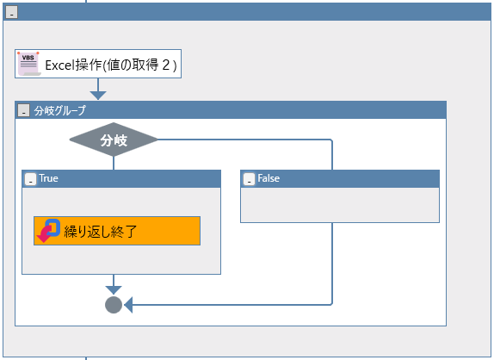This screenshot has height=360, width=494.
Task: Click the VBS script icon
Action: point(29,64)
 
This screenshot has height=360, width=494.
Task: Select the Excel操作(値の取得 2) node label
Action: point(110,65)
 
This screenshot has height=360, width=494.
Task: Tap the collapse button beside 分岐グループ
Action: point(23,110)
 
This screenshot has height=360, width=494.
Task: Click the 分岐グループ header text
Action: point(60,110)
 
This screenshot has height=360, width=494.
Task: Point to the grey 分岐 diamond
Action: point(114,140)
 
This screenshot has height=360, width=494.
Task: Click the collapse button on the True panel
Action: point(31,179)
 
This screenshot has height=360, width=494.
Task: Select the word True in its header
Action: point(48,178)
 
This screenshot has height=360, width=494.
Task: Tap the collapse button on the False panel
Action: point(250,179)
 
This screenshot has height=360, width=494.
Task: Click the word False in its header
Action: point(269,178)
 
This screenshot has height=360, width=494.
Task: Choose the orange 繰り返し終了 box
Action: point(117,231)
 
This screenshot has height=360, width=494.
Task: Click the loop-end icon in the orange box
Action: point(48,231)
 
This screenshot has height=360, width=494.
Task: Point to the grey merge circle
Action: point(114,305)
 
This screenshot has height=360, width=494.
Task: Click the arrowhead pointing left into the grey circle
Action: point(128,305)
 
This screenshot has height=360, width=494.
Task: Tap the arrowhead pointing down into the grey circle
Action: point(114,290)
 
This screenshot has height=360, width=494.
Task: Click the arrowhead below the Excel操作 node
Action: point(98,96)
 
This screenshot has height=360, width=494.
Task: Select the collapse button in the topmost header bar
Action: point(12,12)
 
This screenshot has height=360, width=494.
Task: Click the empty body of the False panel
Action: point(340,205)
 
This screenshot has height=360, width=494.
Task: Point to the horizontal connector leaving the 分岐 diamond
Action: point(244,140)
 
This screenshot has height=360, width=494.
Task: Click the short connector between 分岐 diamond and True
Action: point(114,163)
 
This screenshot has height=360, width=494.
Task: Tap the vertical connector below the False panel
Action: point(332,264)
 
